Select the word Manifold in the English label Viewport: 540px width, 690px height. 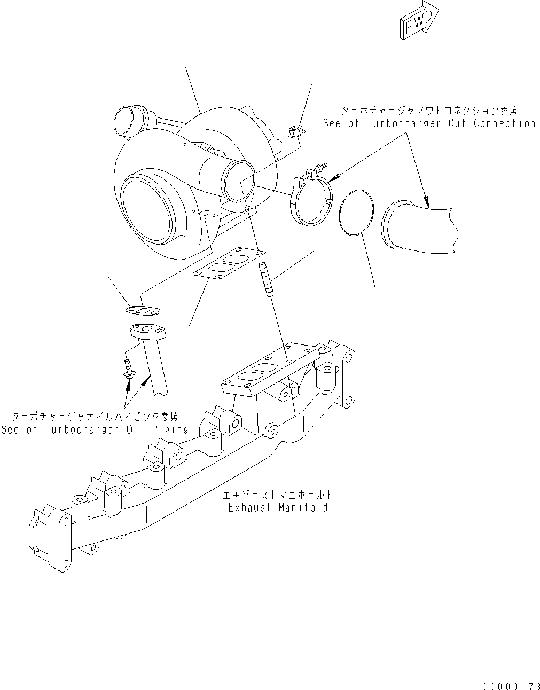point(303,507)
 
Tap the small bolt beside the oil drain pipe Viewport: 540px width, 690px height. point(129,370)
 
